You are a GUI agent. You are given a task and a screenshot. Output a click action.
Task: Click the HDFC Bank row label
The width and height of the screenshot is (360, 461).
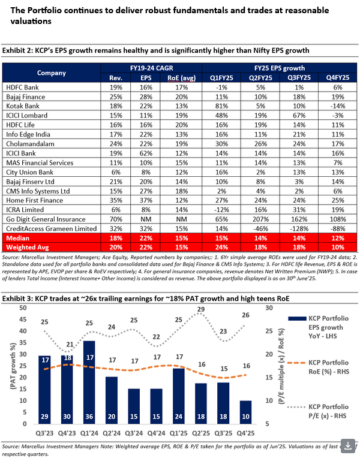point(23,87)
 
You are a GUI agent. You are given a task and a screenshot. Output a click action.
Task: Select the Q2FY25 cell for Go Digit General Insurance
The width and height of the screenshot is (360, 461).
point(259,219)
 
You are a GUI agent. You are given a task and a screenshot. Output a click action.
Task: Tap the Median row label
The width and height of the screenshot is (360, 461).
point(18,238)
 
